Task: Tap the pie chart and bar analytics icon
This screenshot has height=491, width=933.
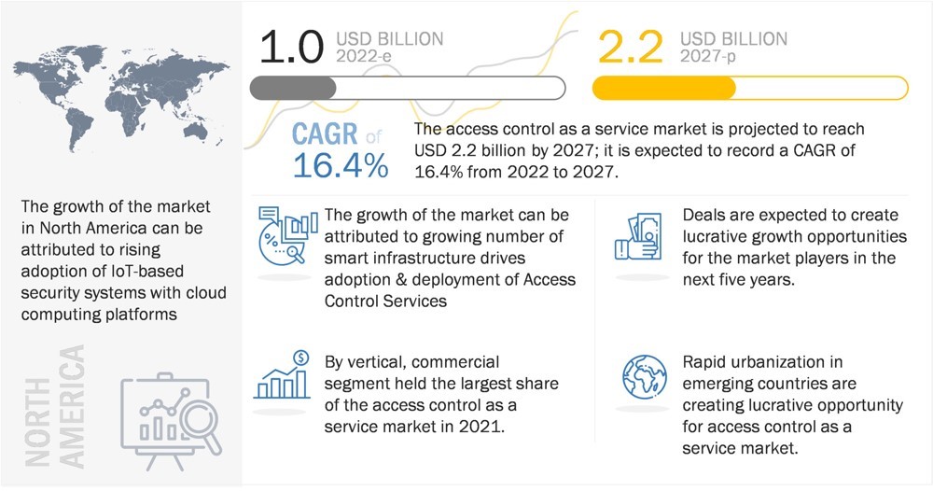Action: pos(285,235)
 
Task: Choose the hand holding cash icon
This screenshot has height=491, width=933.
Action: pos(641,236)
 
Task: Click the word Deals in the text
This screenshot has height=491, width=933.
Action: pos(705,216)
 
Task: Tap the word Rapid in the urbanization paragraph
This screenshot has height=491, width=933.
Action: pos(706,362)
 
